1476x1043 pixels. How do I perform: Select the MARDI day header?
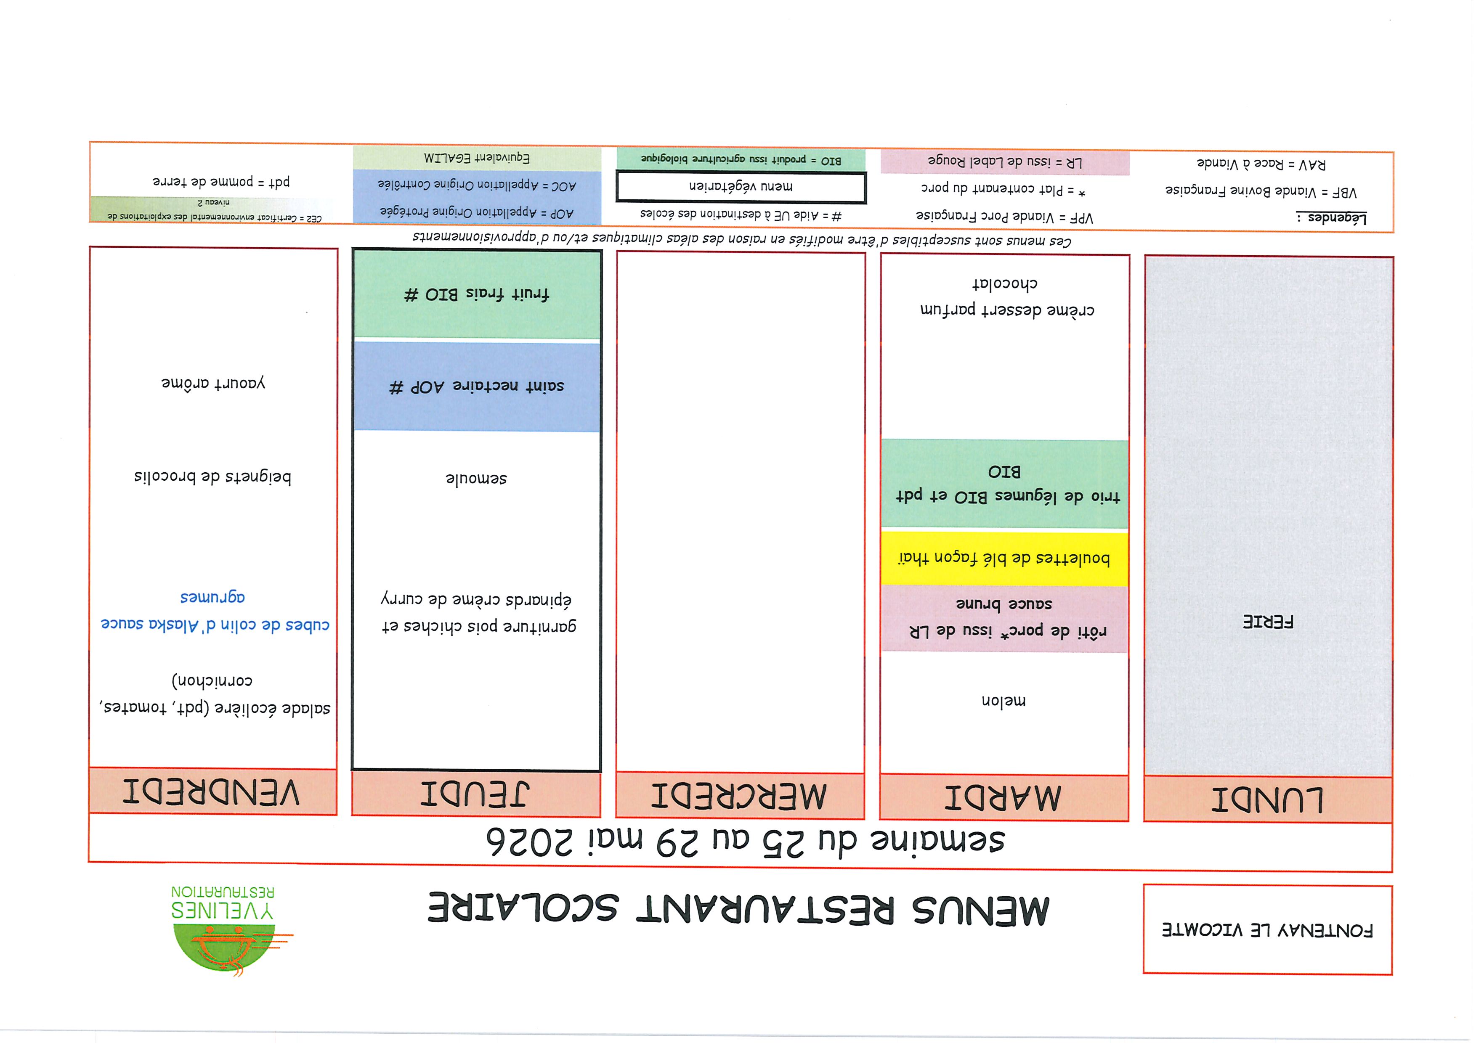(x=1003, y=797)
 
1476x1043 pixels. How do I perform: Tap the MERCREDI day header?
(x=739, y=796)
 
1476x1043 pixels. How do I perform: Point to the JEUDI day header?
(x=475, y=794)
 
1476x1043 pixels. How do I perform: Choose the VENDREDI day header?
(x=212, y=792)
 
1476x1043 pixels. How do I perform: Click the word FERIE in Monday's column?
(x=1268, y=622)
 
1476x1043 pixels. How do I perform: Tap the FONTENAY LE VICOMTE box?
(x=1268, y=930)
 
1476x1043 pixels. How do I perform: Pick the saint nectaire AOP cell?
(x=476, y=386)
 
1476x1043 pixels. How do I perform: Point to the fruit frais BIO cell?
(x=476, y=294)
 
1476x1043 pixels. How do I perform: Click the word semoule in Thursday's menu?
(x=476, y=478)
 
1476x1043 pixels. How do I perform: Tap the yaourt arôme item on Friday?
(x=213, y=383)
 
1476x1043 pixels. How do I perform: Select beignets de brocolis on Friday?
(x=213, y=477)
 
